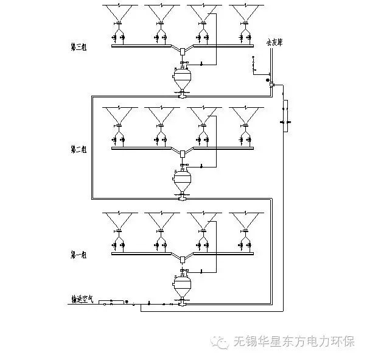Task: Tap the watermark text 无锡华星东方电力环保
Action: coord(294,341)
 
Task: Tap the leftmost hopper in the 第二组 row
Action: coord(119,115)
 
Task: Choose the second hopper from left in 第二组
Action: coord(161,115)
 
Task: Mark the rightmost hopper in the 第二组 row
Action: coord(246,115)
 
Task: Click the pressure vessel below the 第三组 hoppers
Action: coord(183,77)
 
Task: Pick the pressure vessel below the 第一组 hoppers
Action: coord(183,284)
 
